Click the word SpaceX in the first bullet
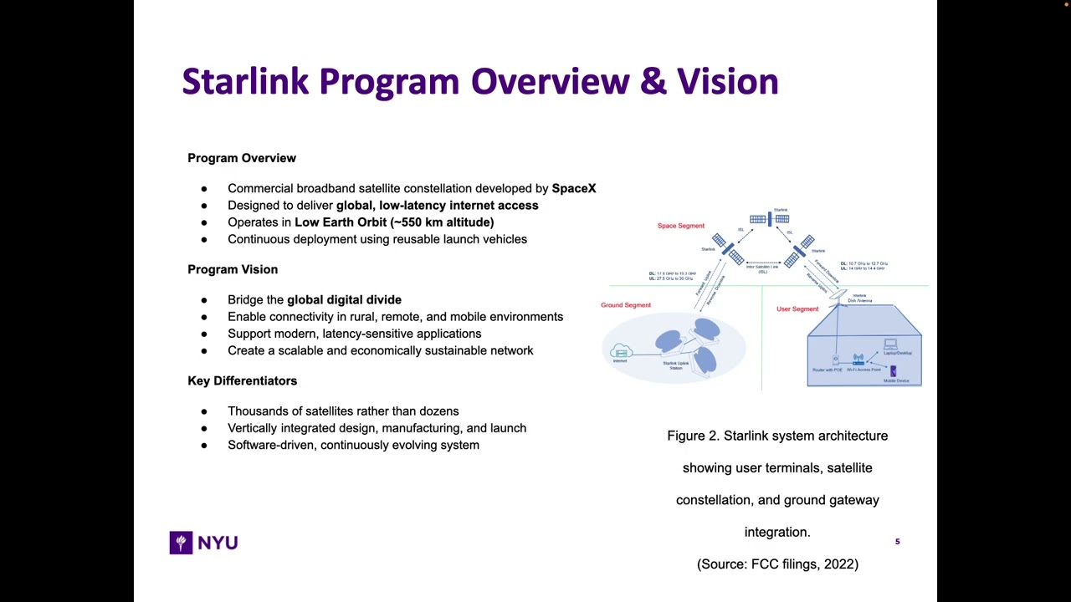pos(573,189)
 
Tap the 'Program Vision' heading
pos(233,269)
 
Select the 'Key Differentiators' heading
pos(242,380)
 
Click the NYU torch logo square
pos(181,543)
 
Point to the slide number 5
pos(897,542)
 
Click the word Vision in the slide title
pos(727,82)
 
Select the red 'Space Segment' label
pos(680,226)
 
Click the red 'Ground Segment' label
pos(625,305)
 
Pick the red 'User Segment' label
pos(797,309)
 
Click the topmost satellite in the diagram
pos(770,219)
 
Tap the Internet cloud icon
pos(620,351)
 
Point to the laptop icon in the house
pos(890,344)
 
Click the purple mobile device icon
pos(893,371)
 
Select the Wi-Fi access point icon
pos(858,360)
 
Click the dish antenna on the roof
pos(838,293)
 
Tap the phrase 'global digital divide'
pos(344,299)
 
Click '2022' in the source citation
pos(840,564)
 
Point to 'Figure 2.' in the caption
pos(693,436)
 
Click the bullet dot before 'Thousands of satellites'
pos(204,411)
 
